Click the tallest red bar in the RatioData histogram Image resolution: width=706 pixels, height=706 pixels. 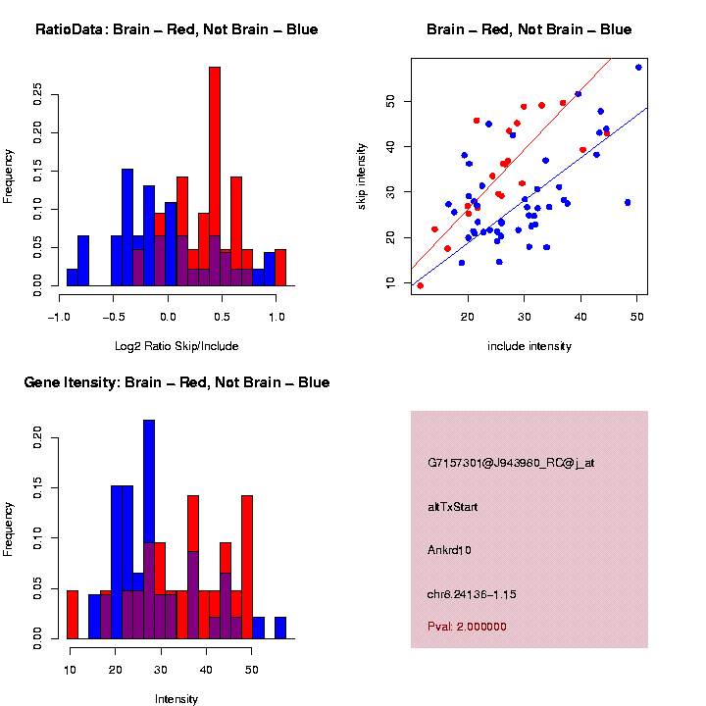(x=215, y=176)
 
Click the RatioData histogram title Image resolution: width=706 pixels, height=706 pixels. (x=176, y=29)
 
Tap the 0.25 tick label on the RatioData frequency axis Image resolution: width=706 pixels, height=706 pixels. (x=38, y=93)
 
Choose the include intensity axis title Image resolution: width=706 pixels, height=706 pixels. (x=529, y=346)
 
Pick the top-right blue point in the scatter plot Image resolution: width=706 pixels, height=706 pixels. (x=638, y=68)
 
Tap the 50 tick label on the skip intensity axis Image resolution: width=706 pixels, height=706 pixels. (x=389, y=101)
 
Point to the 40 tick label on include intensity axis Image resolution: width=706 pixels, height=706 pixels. (x=580, y=316)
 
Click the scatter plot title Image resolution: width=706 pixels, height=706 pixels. (x=529, y=29)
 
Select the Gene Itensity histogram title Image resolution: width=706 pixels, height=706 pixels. (x=176, y=382)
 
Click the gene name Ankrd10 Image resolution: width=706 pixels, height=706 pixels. (x=450, y=550)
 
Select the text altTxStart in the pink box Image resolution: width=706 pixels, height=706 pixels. (x=453, y=507)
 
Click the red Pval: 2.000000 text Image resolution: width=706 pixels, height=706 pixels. (x=468, y=626)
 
